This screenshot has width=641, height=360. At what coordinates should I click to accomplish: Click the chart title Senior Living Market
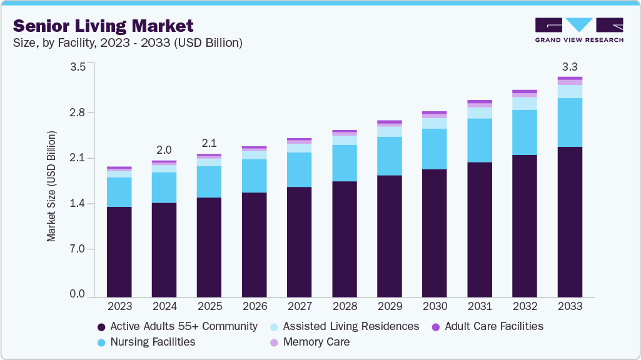coord(103,26)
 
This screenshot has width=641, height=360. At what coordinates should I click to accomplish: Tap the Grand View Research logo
coord(578,30)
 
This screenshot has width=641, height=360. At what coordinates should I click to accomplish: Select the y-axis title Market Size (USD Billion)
coord(51,186)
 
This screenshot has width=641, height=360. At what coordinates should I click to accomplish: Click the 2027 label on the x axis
coord(300,306)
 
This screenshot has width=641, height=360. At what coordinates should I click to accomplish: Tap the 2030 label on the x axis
coord(435,306)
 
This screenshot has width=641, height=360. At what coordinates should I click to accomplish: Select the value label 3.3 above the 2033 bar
coord(570,66)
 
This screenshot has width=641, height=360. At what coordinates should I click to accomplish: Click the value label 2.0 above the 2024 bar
coord(164,150)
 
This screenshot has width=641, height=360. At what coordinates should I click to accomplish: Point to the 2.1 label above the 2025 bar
coord(209,143)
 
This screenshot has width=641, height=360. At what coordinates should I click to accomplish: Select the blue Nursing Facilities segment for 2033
coord(570,122)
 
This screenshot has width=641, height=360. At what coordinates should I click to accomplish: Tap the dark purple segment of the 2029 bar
coord(390,236)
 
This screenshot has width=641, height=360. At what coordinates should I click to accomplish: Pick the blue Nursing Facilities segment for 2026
coord(255,176)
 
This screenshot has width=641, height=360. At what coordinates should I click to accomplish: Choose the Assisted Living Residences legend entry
coord(351,326)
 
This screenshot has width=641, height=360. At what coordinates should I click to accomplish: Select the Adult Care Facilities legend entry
coord(493,326)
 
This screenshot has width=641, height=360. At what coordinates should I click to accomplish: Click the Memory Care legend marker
coord(274,342)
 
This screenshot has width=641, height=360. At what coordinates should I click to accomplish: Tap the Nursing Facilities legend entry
coord(153,342)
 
